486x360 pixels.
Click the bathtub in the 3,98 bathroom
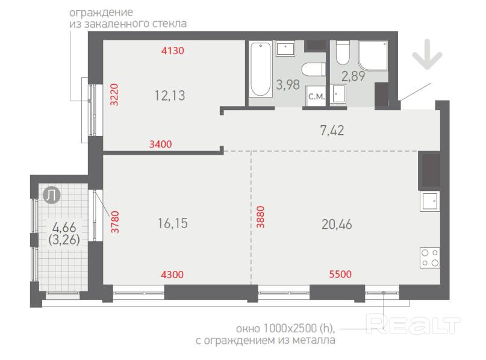(261, 69)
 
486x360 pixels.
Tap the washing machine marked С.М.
(316, 96)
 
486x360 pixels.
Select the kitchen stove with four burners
(430, 258)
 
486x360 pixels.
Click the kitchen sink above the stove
(430, 201)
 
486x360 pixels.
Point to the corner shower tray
(373, 55)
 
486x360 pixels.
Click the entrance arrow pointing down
(427, 55)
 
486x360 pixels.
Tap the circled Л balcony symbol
(51, 196)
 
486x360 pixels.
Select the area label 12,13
(170, 96)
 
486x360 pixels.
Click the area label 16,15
(173, 223)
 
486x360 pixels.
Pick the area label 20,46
(337, 225)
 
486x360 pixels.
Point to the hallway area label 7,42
(332, 131)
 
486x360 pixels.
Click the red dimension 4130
(173, 51)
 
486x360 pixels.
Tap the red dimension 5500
(340, 274)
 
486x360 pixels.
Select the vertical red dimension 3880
(260, 217)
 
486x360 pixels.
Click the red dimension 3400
(161, 144)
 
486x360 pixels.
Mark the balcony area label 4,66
(64, 228)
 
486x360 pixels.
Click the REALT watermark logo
(413, 323)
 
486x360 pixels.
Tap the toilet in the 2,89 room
(343, 52)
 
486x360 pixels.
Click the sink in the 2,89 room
(338, 93)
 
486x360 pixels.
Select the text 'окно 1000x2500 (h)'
(285, 328)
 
